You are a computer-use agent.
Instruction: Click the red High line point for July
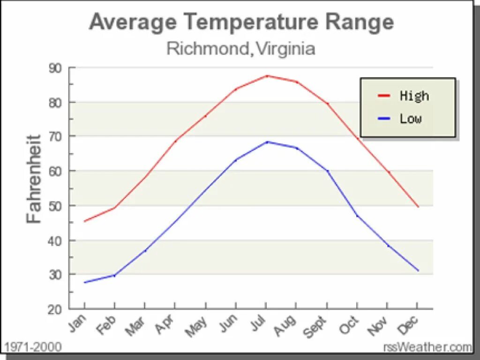tap(266, 75)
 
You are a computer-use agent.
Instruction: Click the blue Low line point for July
tap(266, 142)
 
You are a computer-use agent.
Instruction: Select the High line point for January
tap(84, 221)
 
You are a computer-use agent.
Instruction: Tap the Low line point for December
tap(418, 270)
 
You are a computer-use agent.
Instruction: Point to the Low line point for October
tap(357, 216)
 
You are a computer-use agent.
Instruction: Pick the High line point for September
tap(327, 104)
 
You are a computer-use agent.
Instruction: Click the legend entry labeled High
tap(403, 96)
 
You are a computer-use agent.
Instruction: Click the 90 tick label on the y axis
tap(55, 68)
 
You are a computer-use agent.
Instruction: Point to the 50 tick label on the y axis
tap(55, 206)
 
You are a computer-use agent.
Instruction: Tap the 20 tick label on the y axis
tap(55, 309)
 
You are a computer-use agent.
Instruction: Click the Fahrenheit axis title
tap(34, 179)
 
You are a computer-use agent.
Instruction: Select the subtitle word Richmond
tap(206, 48)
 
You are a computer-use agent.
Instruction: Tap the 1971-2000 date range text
tap(32, 347)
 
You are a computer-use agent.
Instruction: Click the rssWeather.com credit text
tap(427, 347)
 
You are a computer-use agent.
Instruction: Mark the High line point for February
tap(114, 208)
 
